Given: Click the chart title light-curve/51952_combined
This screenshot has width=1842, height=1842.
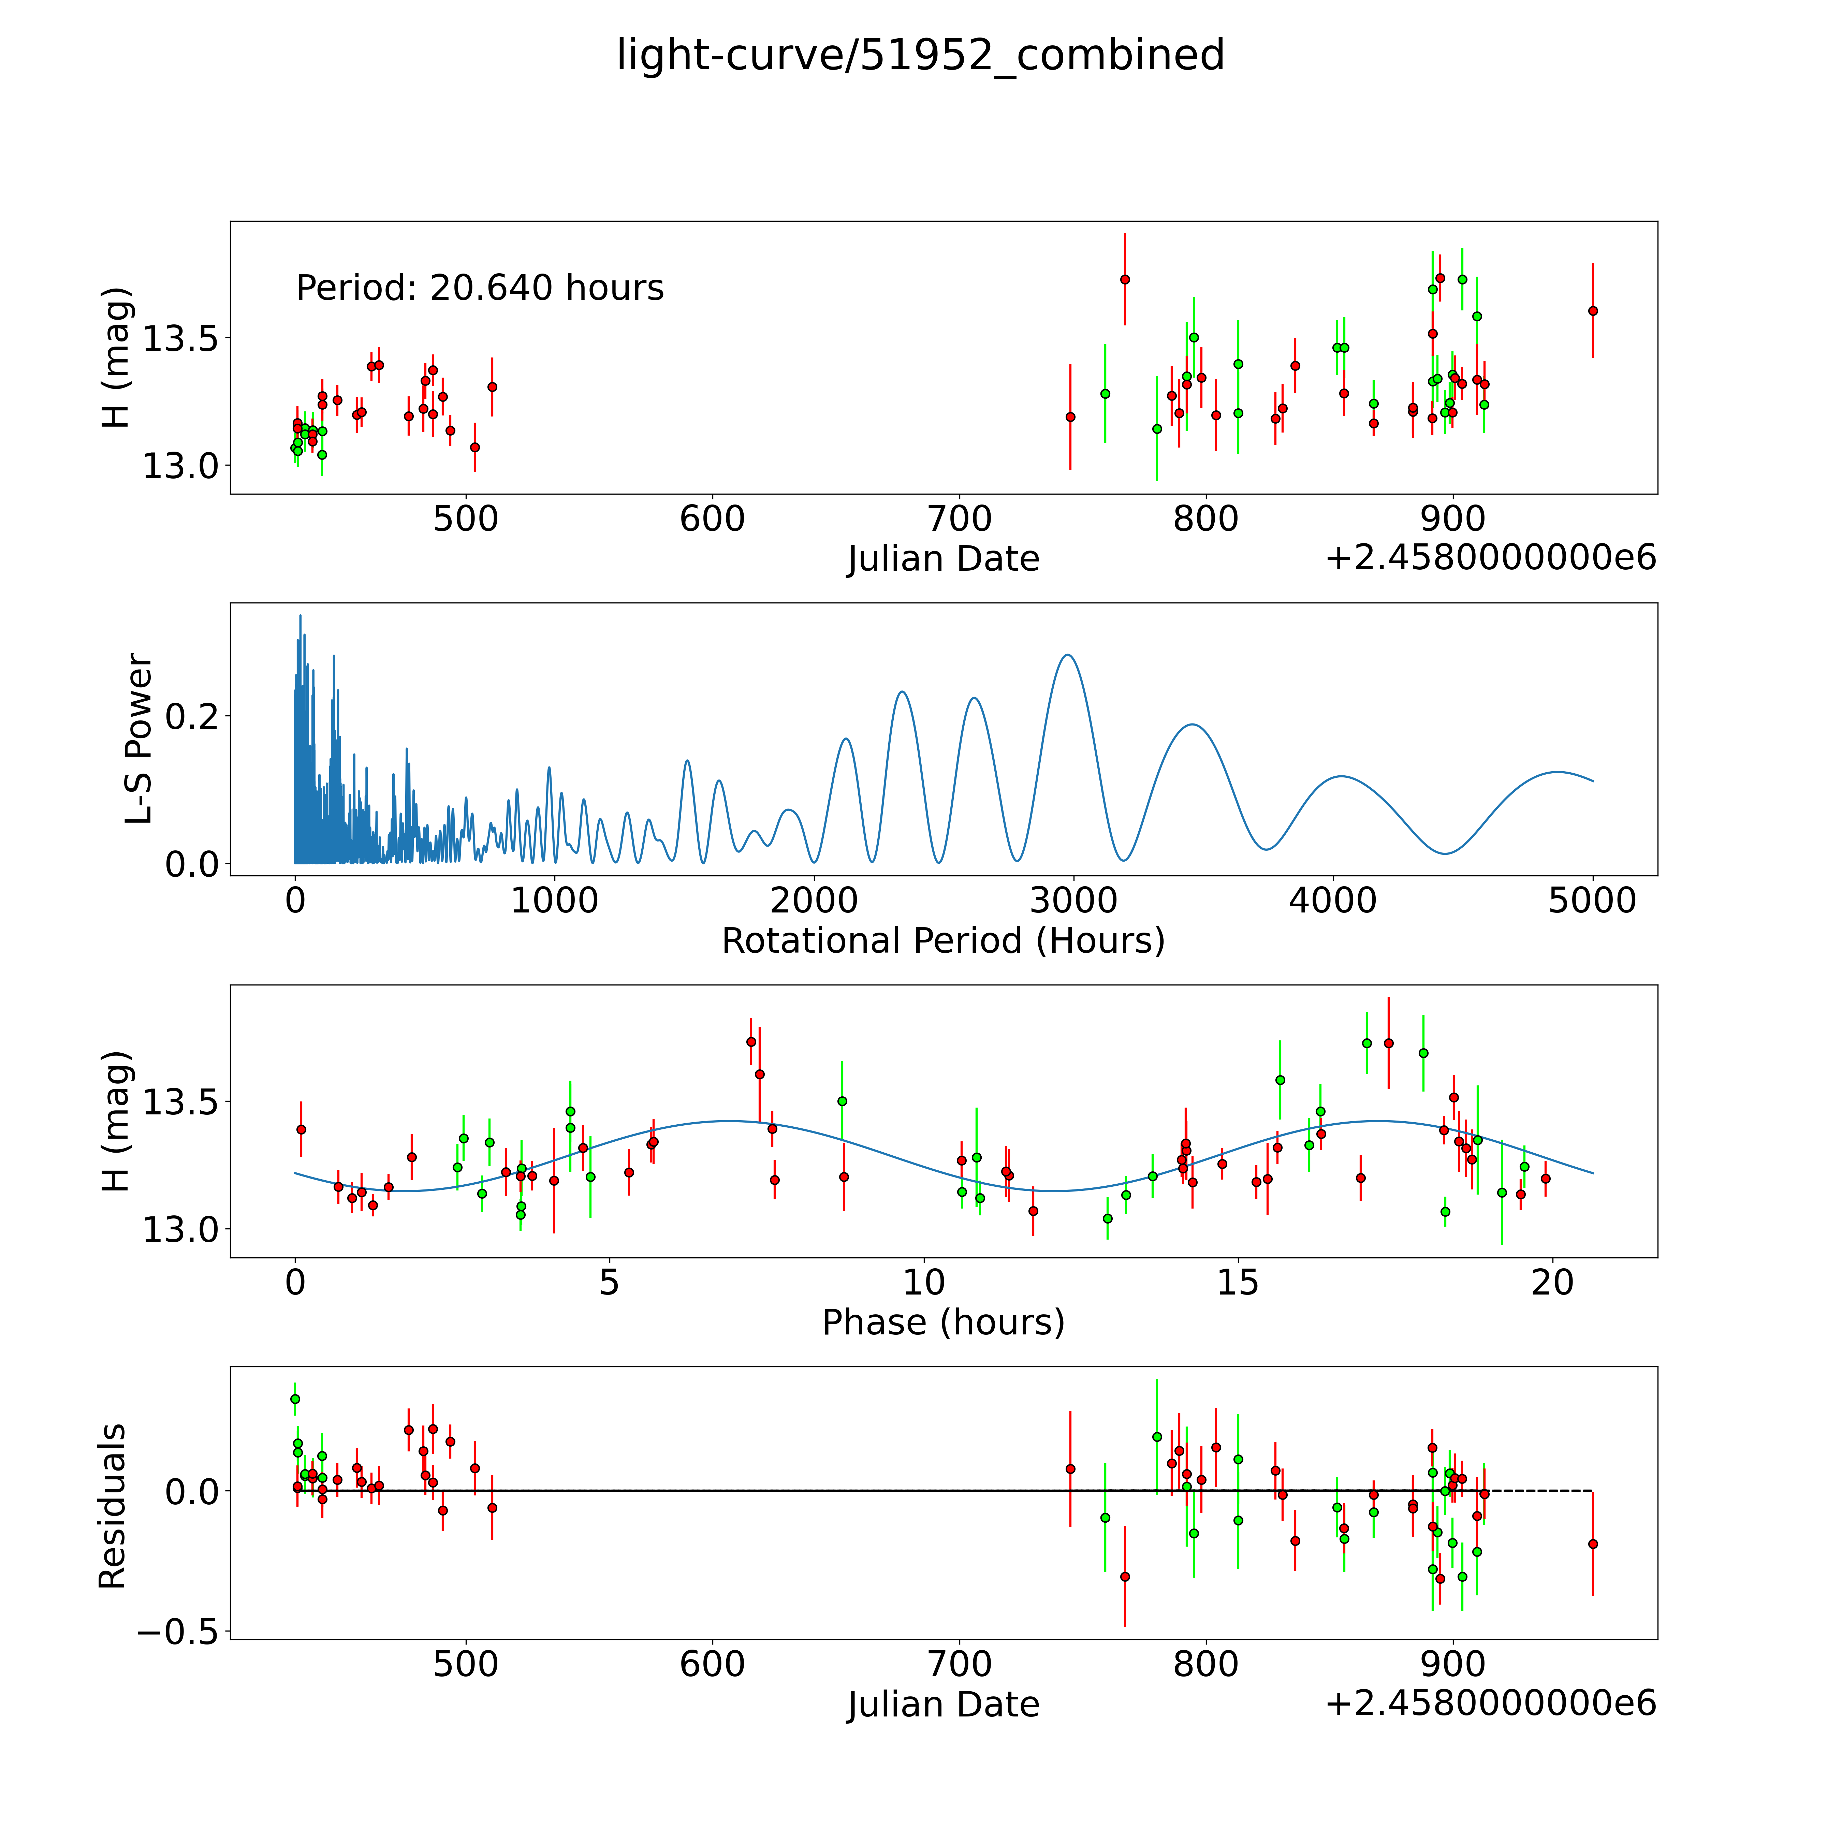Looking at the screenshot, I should point(920,55).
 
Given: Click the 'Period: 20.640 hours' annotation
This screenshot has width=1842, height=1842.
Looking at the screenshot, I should point(480,288).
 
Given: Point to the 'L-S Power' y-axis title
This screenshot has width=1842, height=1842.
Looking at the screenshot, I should point(139,739).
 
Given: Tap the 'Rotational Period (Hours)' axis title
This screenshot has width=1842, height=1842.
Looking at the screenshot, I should point(943,941).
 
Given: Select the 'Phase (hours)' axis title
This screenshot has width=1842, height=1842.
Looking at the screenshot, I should point(943,1322).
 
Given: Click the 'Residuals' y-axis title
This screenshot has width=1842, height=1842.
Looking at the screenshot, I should point(113,1506).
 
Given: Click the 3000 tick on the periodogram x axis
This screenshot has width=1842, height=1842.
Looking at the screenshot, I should point(1073,901).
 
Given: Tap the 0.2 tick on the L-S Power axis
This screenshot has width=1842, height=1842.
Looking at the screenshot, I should point(192,716).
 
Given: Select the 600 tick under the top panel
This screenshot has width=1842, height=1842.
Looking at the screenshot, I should point(712,520).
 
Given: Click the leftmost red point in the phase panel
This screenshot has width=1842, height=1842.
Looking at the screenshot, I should point(301,1129).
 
